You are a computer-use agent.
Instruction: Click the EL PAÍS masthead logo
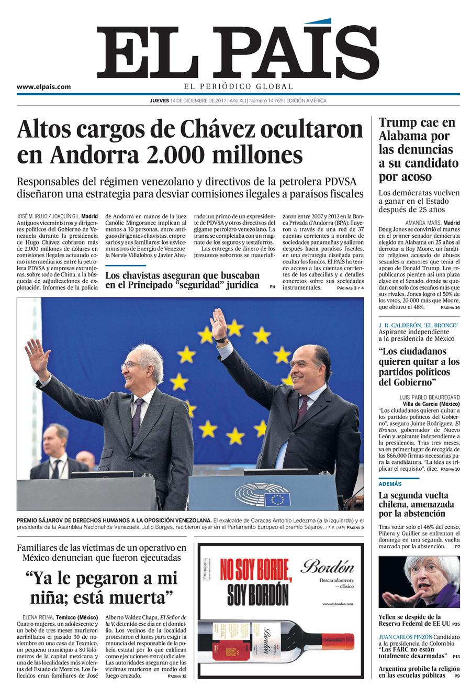[x=238, y=51]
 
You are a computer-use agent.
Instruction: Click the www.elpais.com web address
[x=43, y=87]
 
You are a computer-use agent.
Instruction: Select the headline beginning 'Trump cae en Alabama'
[x=418, y=149]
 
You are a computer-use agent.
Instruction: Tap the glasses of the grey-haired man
[x=131, y=365]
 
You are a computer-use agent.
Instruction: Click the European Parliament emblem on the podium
[x=262, y=495]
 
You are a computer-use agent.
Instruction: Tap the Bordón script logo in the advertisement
[x=327, y=567]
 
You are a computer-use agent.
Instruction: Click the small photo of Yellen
[x=419, y=582]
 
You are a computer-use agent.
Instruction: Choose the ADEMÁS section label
[x=390, y=484]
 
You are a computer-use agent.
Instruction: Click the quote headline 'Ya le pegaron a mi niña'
[x=102, y=588]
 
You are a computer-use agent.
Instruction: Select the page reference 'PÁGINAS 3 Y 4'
[x=350, y=288]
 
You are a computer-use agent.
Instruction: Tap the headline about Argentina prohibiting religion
[x=419, y=672]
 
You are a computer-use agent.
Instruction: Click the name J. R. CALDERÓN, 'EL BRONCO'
[x=418, y=326]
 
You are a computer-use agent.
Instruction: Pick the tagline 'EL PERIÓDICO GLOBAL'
[x=238, y=86]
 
